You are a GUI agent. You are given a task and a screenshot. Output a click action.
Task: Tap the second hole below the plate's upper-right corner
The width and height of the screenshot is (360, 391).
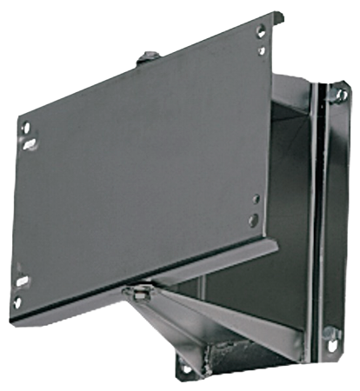pos(262,50)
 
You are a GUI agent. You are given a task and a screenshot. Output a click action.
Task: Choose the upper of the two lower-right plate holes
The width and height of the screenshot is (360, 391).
pos(253,197)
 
